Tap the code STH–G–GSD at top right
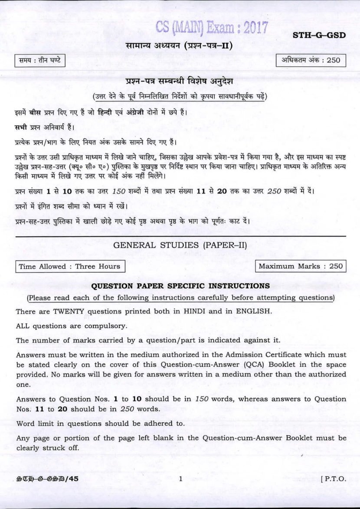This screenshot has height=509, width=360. pyautogui.click(x=319, y=35)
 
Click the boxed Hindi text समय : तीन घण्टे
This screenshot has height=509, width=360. pyautogui.click(x=39, y=61)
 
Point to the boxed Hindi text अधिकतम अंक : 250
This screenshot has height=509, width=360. pyautogui.click(x=311, y=61)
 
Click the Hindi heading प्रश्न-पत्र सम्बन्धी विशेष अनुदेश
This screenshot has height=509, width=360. pyautogui.click(x=180, y=82)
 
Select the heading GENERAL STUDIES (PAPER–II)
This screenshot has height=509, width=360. pyautogui.click(x=180, y=245)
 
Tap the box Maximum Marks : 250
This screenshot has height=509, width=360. pyautogui.click(x=301, y=266)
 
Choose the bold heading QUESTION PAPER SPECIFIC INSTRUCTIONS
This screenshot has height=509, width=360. pyautogui.click(x=180, y=286)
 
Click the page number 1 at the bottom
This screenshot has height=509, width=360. pyautogui.click(x=180, y=479)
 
